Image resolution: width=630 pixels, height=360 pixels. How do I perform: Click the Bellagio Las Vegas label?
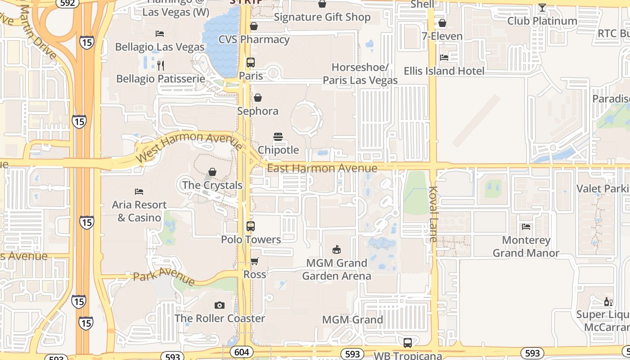coord(159,47)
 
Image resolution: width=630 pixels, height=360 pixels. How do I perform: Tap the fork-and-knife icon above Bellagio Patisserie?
coord(161,66)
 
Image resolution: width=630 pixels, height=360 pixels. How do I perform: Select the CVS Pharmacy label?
coord(254,40)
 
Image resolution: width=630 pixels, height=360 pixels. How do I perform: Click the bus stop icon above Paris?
coord(251,63)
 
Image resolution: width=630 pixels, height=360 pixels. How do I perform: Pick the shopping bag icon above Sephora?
coord(258,98)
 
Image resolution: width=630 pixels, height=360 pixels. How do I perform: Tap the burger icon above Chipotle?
coord(278,137)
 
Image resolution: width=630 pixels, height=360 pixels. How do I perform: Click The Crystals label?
coord(212,185)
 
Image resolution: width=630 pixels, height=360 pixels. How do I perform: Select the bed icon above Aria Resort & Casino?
coord(139,192)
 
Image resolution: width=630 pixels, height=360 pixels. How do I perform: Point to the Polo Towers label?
coord(251,239)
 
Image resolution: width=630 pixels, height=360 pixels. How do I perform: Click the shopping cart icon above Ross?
coord(255,261)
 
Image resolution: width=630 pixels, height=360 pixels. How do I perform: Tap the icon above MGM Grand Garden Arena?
coord(336,249)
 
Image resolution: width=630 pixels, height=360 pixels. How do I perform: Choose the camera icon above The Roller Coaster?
coord(219,306)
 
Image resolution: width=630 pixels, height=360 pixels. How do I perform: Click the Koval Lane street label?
coord(433,214)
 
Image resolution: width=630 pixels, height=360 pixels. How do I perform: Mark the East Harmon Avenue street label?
coord(322,168)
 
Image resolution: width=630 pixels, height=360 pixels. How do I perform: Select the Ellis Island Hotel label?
coord(444,71)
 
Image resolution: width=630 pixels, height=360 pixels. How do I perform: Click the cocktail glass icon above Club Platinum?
coord(542,8)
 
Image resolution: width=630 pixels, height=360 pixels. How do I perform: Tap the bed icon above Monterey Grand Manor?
coord(526,227)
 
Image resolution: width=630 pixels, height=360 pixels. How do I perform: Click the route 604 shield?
coord(241,352)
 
